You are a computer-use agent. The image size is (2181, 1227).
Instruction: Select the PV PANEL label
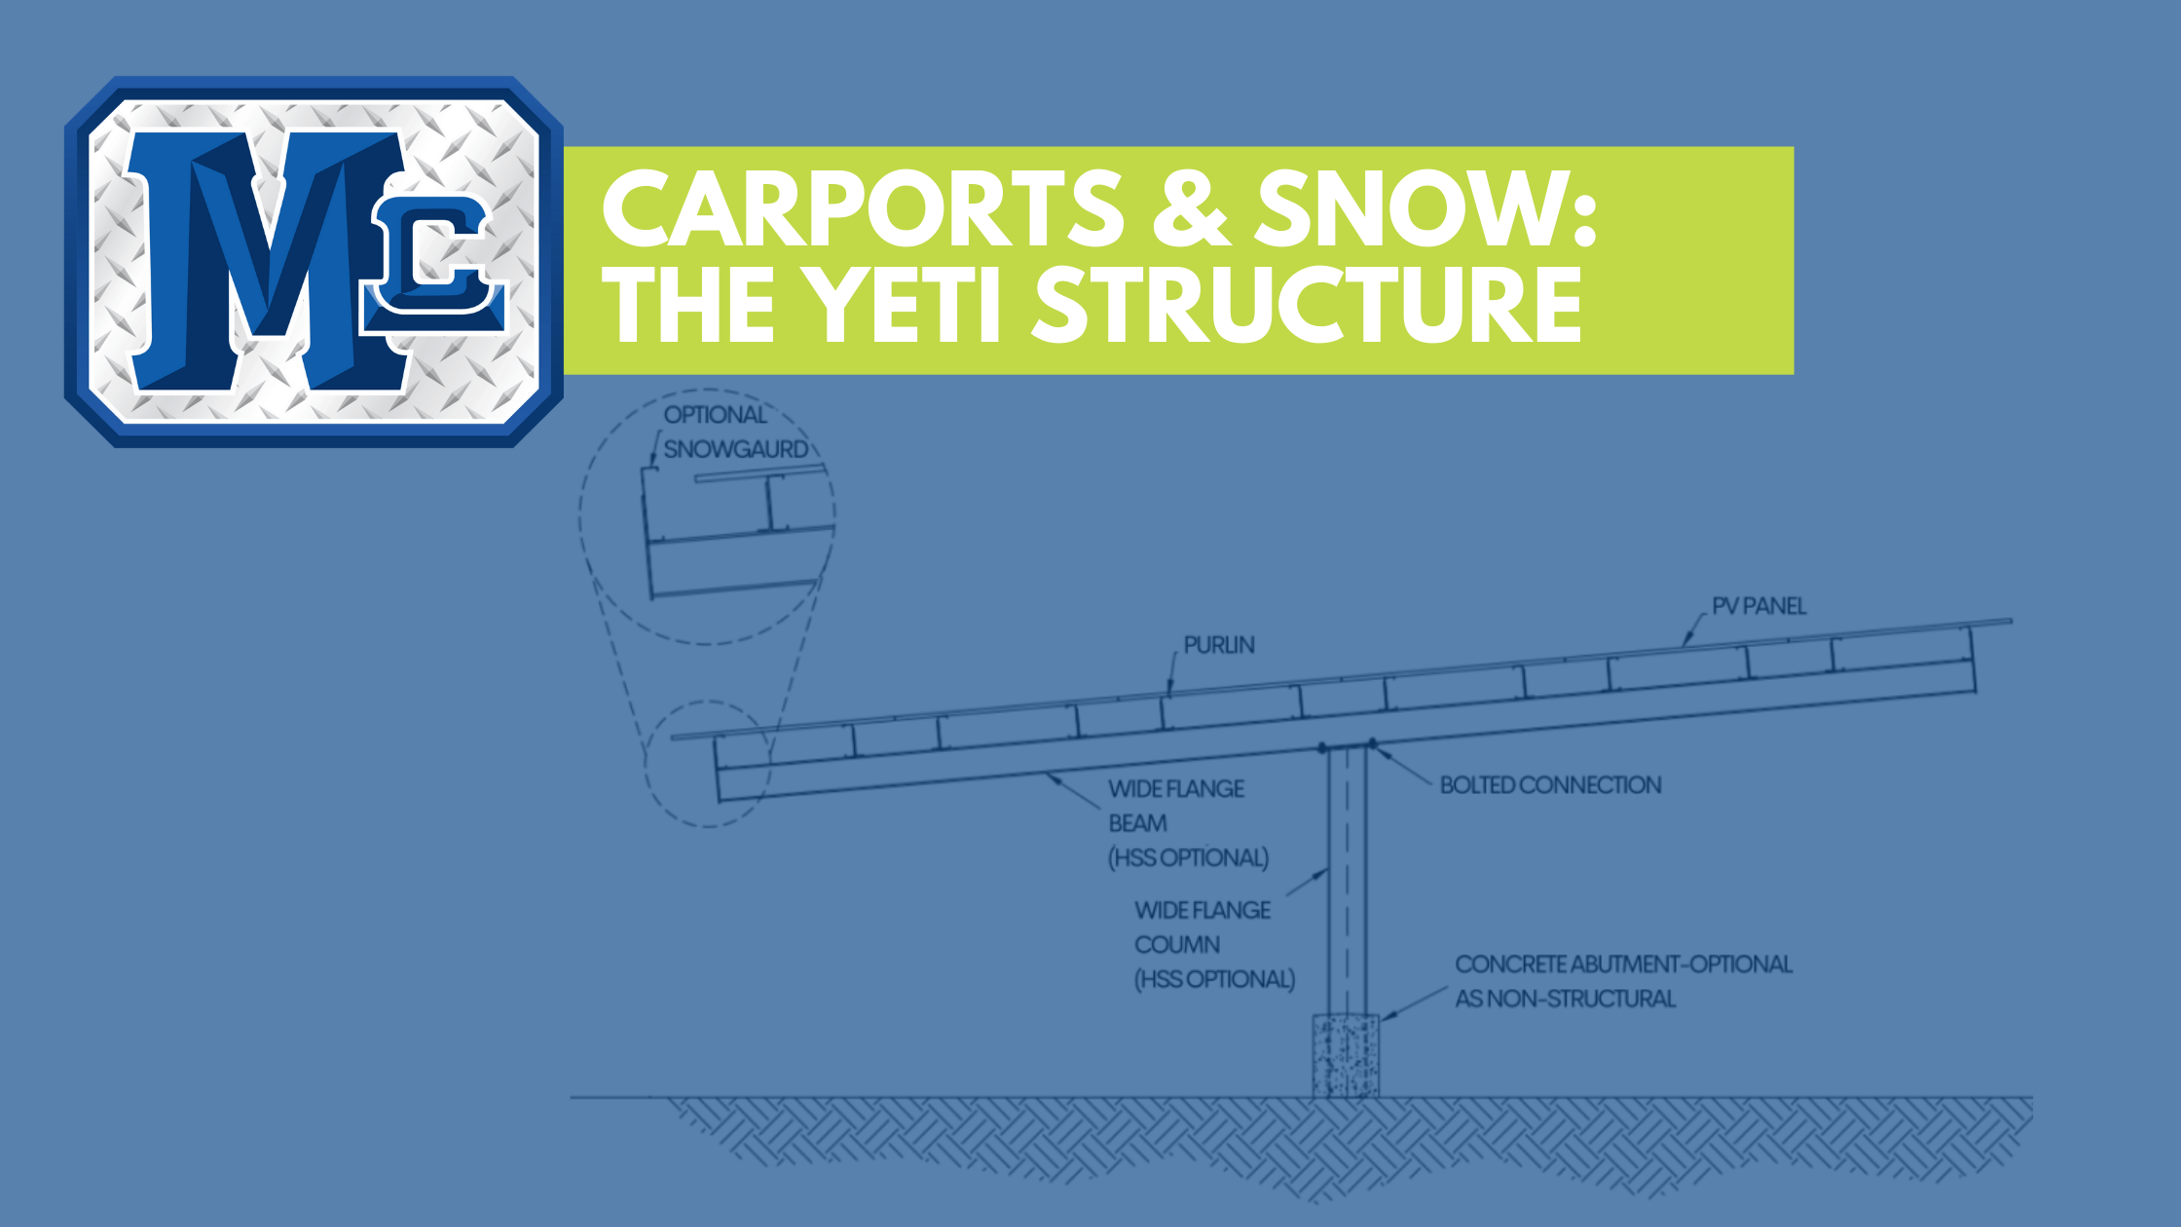pos(1758,606)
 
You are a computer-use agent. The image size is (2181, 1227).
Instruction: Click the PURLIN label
pos(1219,645)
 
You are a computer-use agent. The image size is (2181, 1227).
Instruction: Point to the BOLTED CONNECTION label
pos(1551,785)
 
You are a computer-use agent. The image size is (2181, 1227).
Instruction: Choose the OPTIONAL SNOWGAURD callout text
pos(736,432)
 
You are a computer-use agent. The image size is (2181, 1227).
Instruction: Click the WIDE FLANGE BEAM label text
pos(1176,805)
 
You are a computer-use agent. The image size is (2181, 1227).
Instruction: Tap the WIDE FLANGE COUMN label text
pos(1202,927)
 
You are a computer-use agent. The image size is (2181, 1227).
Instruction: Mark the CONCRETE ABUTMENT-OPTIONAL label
pos(1623,964)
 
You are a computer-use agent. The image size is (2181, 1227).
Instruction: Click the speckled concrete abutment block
pos(1346,1056)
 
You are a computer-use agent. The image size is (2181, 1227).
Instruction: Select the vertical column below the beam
pos(1348,880)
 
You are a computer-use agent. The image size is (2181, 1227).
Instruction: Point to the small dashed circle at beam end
pos(646,764)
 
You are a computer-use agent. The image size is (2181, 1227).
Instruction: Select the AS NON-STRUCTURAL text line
pos(1566,998)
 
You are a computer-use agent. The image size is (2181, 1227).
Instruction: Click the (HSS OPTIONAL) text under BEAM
pos(1189,858)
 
